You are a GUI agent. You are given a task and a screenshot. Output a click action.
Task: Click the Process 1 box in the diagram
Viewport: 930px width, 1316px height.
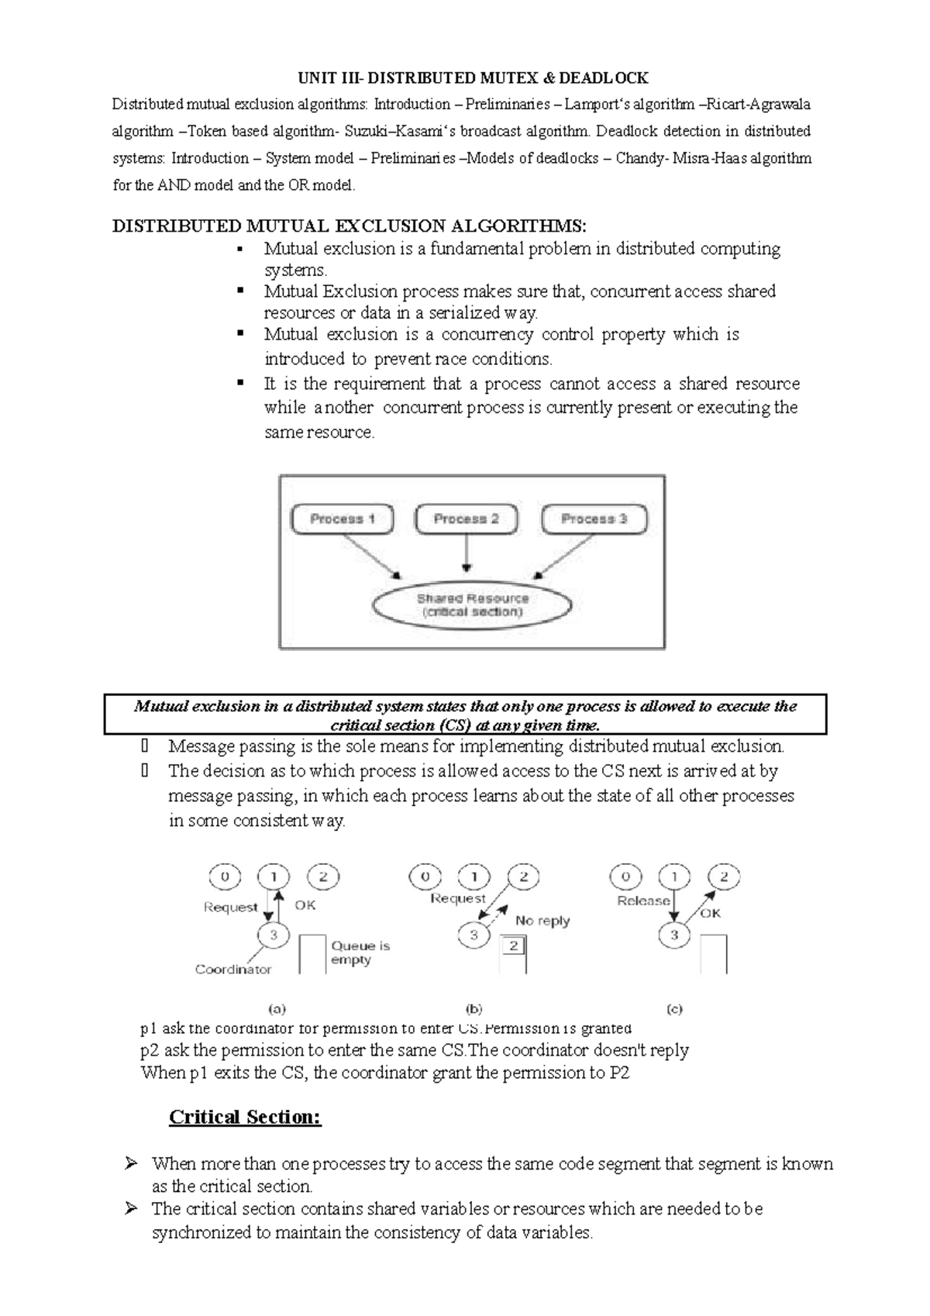342,519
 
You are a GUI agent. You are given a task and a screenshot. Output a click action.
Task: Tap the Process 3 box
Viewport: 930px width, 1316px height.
594,519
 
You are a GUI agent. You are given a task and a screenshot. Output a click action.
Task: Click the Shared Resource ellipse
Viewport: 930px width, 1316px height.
472,605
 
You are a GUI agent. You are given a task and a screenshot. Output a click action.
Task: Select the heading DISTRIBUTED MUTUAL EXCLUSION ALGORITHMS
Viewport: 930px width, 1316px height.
350,226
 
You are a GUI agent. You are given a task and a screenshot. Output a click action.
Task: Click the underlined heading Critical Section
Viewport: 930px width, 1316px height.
245,1117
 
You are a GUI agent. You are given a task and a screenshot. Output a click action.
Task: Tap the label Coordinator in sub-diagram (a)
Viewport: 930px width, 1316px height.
233,970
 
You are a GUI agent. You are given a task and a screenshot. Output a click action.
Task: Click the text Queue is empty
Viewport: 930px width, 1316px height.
360,953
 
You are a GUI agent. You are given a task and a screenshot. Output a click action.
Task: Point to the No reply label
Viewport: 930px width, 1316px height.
542,921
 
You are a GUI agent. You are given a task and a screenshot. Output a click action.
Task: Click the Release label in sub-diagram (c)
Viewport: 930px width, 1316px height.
643,901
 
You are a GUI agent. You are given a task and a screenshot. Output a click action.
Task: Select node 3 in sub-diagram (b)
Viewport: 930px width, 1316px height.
474,935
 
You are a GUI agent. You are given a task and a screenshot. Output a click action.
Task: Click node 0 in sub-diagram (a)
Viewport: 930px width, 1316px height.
225,877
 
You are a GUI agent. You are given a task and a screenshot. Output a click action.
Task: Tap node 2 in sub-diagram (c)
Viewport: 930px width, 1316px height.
724,877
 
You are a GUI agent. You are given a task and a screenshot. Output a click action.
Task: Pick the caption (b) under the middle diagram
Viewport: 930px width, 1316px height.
474,1009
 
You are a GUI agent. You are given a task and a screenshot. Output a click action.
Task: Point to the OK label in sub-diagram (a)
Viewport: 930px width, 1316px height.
305,905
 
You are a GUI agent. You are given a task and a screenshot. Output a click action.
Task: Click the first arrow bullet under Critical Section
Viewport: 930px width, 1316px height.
131,1163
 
